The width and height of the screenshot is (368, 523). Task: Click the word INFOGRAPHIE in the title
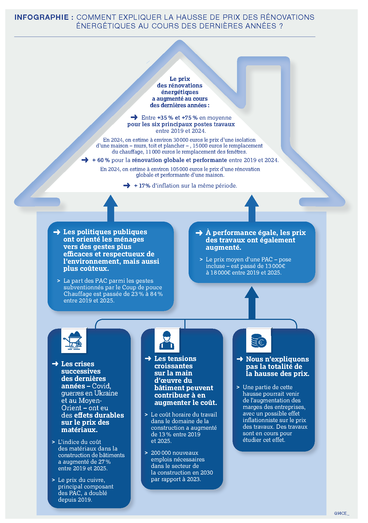[x=42, y=17]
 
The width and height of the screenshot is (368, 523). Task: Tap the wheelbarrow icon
[x=74, y=340]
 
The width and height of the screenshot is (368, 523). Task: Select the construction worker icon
[x=167, y=340]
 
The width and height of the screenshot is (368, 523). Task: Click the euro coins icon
[x=259, y=340]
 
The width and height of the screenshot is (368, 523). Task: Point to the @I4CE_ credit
[x=342, y=513]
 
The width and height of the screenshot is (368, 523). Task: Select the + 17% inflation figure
[x=142, y=186]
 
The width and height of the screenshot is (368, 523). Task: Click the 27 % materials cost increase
[x=104, y=462]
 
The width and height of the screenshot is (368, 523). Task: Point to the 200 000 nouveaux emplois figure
[x=175, y=453]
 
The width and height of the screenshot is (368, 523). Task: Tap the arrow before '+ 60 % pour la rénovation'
[x=85, y=160]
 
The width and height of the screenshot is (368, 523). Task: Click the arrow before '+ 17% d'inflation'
[x=127, y=185]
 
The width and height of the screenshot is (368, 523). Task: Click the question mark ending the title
[x=281, y=26]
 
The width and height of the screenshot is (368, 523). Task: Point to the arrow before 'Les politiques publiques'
[x=57, y=232]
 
